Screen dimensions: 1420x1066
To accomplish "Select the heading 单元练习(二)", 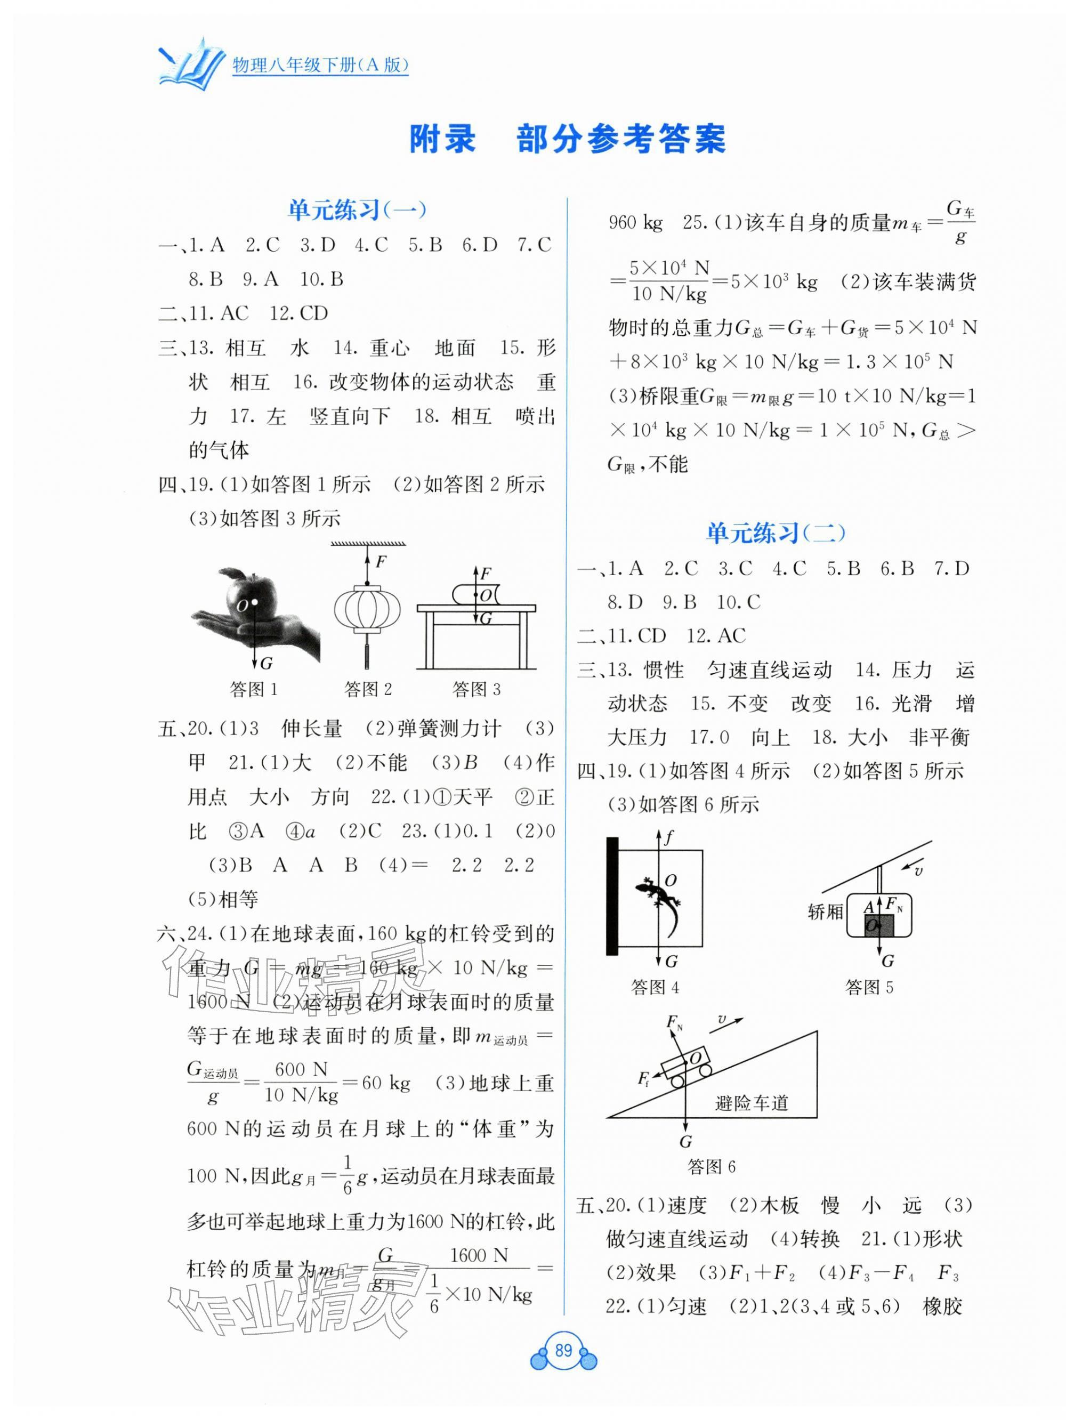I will (x=776, y=533).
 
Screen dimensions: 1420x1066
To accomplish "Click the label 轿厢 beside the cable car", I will (x=825, y=911).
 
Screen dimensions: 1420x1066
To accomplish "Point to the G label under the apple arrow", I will (x=265, y=663).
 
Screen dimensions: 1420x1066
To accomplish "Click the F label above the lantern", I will (x=381, y=562).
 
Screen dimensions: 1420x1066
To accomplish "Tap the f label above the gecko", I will (x=669, y=836).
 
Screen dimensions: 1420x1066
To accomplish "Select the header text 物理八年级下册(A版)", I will (x=320, y=65).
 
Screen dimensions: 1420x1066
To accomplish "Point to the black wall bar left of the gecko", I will (x=612, y=895).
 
